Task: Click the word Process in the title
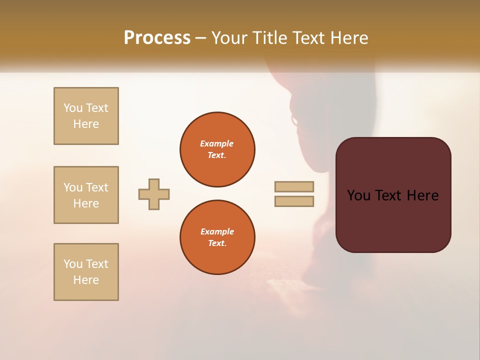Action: pyautogui.click(x=157, y=38)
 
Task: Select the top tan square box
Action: pyautogui.click(x=86, y=116)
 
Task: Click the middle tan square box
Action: pyautogui.click(x=86, y=195)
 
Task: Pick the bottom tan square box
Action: pyautogui.click(x=86, y=272)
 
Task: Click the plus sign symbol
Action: pyautogui.click(x=154, y=194)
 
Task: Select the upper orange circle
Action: pyautogui.click(x=217, y=149)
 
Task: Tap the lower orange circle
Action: pyautogui.click(x=217, y=237)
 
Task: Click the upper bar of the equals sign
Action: pyautogui.click(x=294, y=186)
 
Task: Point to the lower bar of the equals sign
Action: pyautogui.click(x=294, y=201)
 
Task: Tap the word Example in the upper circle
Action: pyautogui.click(x=217, y=143)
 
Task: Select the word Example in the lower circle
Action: pyautogui.click(x=217, y=231)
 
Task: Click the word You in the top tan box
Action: pyautogui.click(x=73, y=108)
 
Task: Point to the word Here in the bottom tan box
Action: pyautogui.click(x=86, y=280)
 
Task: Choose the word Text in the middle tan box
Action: pyautogui.click(x=97, y=187)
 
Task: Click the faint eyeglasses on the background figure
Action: pyautogui.click(x=294, y=120)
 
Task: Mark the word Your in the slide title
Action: pyautogui.click(x=226, y=38)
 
